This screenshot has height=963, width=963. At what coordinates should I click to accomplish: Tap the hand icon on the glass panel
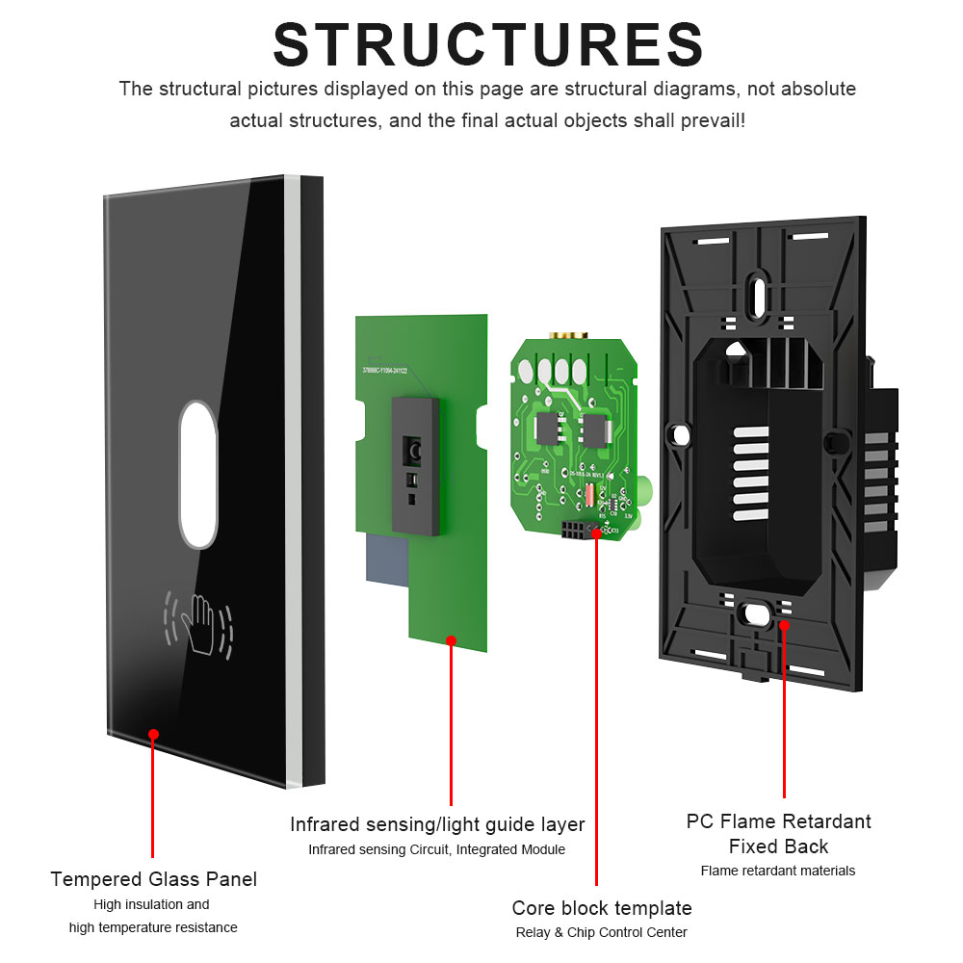200,625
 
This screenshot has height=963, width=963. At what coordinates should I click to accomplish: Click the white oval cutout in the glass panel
199,474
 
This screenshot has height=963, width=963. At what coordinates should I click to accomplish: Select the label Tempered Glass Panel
153,879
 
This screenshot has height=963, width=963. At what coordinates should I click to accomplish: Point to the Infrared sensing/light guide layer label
437,824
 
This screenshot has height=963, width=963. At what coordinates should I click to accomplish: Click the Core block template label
601,908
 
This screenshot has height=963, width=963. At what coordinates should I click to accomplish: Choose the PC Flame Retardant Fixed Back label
778,834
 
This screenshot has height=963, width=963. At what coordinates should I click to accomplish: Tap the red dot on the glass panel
153,735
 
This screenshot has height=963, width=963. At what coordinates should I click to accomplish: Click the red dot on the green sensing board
451,638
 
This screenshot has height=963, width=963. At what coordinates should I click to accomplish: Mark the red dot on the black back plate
784,625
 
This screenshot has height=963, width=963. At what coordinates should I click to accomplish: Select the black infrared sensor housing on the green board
414,465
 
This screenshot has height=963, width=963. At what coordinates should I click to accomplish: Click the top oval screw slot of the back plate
758,290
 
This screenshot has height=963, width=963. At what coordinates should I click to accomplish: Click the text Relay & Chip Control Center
601,932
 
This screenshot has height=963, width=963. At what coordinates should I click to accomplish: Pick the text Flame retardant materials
777,871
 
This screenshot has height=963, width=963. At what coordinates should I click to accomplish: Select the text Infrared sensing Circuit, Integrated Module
436,849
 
